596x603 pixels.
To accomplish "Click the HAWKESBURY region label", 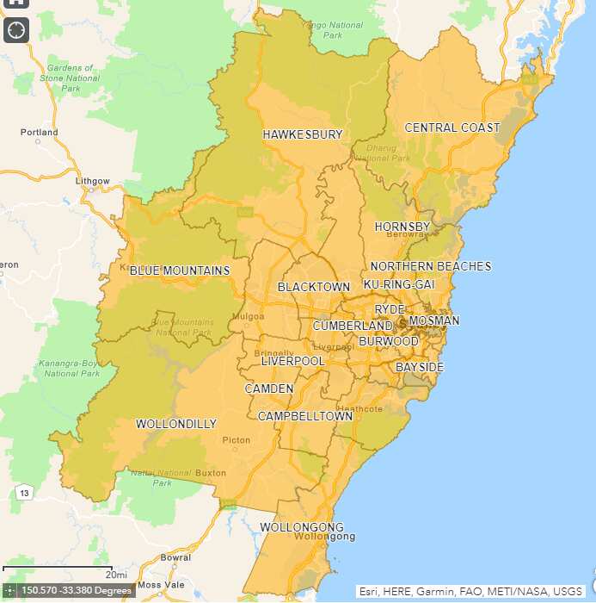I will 303,134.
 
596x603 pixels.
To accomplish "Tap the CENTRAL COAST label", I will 452,127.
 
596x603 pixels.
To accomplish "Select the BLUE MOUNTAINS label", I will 180,270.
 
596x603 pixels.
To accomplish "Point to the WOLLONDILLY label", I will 176,424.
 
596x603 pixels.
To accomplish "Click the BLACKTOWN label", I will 314,287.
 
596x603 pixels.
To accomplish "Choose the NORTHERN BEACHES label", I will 431,266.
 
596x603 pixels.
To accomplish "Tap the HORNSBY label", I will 402,227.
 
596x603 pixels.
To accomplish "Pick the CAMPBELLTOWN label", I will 305,416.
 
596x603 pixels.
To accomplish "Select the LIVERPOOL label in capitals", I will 293,361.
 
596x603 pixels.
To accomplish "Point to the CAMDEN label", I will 269,389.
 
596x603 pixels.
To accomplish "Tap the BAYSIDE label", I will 420,368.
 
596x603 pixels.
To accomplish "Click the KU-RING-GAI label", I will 399,284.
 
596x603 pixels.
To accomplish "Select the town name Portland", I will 40,133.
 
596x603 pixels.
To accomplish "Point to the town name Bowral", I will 175,557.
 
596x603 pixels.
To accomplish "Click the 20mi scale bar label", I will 116,575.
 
